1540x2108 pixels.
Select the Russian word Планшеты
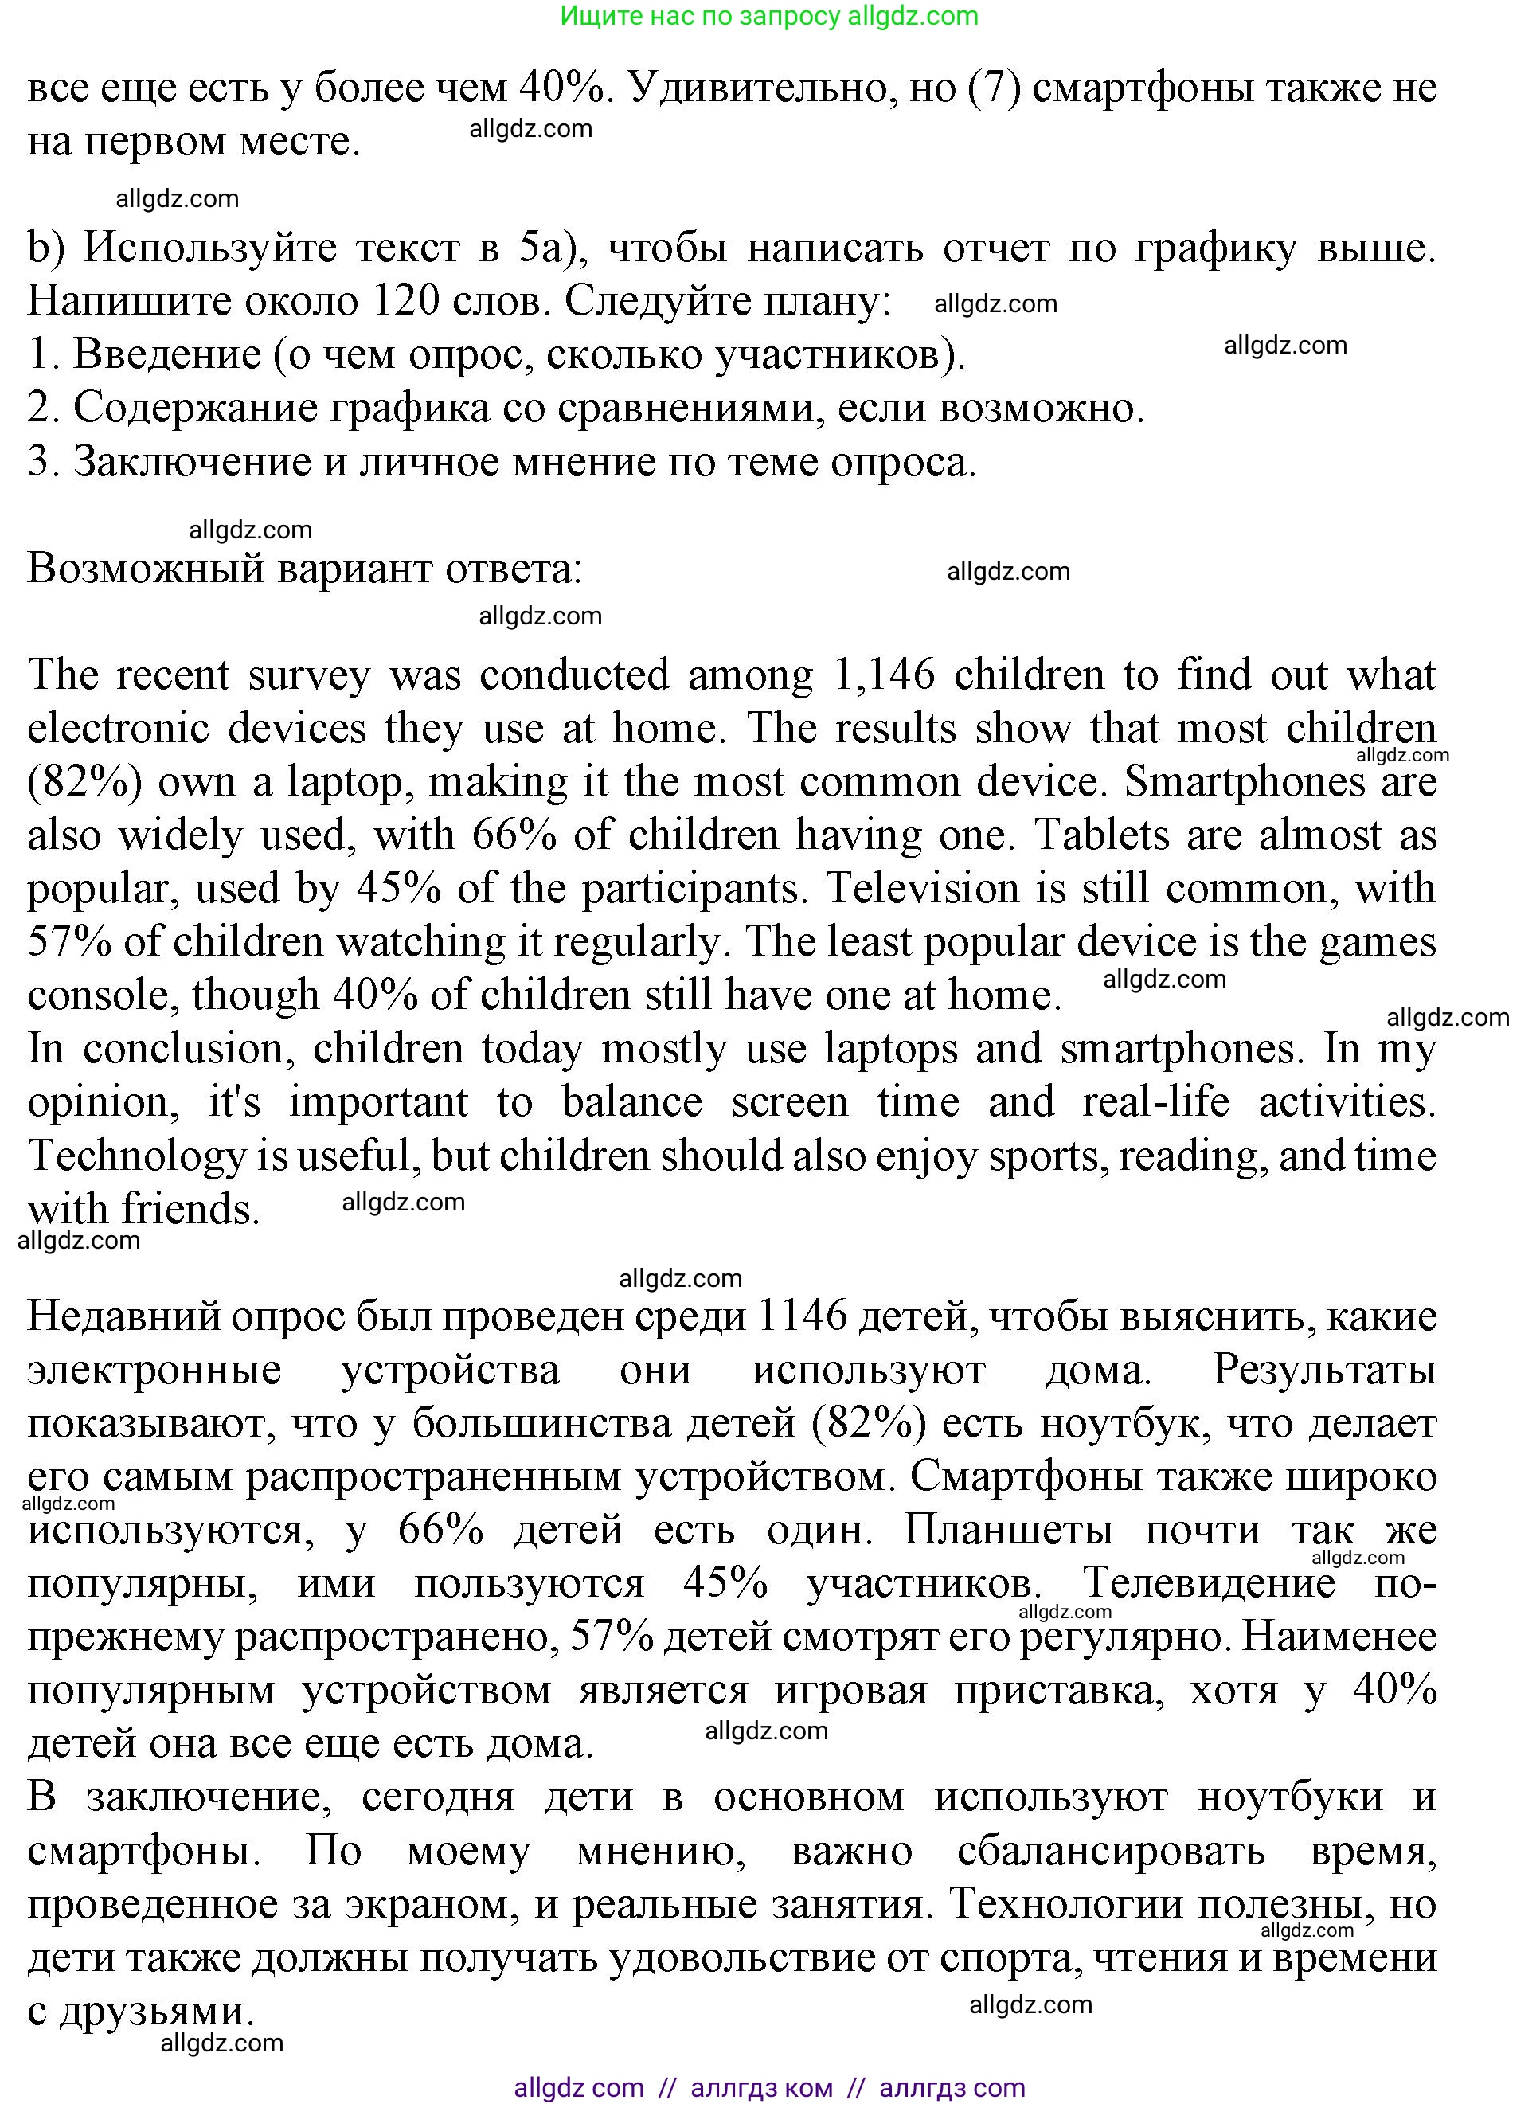[x=1008, y=1530]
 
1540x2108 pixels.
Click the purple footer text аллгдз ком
[x=761, y=2087]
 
